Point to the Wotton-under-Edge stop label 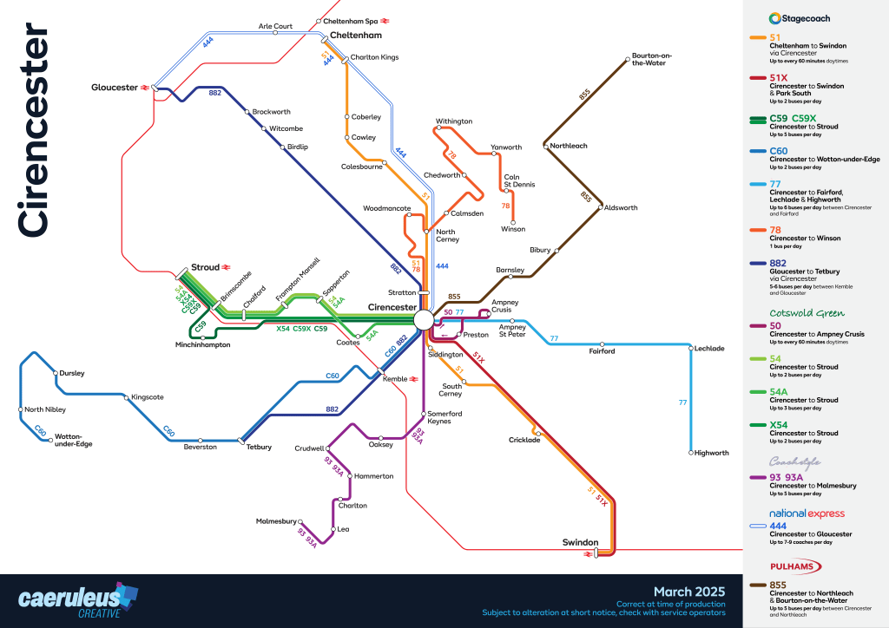coord(73,440)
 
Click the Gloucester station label coord(115,88)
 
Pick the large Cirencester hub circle coord(424,320)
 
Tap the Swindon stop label coord(580,542)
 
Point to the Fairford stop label coord(602,351)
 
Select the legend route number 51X coord(780,77)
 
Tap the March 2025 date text coord(689,592)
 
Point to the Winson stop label coord(513,229)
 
